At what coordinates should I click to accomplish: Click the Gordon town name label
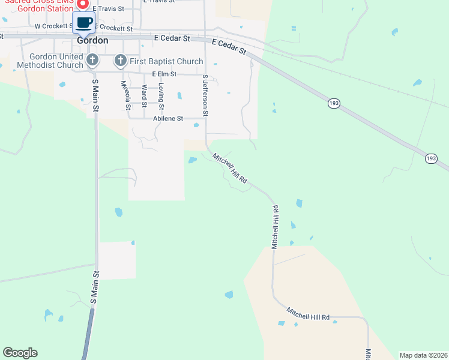(93, 40)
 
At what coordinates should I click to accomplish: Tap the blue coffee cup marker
(83, 23)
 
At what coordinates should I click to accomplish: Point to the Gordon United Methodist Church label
(50, 61)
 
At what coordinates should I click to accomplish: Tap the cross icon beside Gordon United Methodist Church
(92, 60)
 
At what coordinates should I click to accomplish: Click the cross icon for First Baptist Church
(120, 60)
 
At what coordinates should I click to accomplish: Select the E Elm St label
(164, 74)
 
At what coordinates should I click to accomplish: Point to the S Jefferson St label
(205, 95)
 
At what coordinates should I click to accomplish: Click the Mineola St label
(125, 95)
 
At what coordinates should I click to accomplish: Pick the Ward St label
(144, 93)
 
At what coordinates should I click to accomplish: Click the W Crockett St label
(54, 26)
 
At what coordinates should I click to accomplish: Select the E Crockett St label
(113, 28)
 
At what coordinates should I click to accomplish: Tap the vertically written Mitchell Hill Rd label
(275, 227)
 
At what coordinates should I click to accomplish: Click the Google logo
(20, 353)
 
